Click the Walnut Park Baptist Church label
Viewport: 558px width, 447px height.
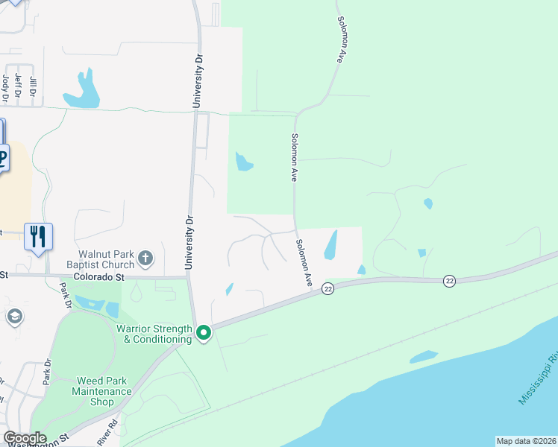pyautogui.click(x=104, y=259)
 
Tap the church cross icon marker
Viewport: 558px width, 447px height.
pyautogui.click(x=145, y=259)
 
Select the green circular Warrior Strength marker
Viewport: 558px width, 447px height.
pyautogui.click(x=203, y=333)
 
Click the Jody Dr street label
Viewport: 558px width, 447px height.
pyautogui.click(x=5, y=86)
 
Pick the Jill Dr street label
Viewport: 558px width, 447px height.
pyautogui.click(x=32, y=87)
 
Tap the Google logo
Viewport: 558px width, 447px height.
pyautogui.click(x=25, y=438)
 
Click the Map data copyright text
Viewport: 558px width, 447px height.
pyautogui.click(x=526, y=441)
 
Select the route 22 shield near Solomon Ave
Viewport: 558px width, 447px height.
pyautogui.click(x=327, y=288)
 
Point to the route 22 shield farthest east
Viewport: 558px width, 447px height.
pyautogui.click(x=449, y=280)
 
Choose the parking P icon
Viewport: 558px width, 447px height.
pyautogui.click(x=2, y=158)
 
